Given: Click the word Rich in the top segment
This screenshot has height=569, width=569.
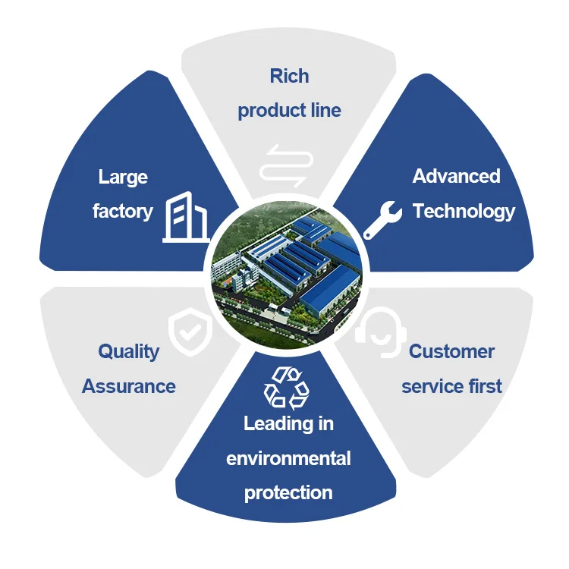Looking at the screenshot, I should (289, 76).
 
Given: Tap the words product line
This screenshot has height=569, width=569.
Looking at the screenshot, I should (289, 111).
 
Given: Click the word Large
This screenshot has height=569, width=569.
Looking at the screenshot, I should (123, 178).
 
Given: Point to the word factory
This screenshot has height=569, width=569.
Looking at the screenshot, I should (123, 212).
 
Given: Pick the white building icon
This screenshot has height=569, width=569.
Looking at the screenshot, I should (185, 217).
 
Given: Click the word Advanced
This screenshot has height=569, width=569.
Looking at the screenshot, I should (456, 176).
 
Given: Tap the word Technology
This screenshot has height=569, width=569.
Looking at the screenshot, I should (464, 211).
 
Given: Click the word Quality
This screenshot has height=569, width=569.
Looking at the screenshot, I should (129, 351).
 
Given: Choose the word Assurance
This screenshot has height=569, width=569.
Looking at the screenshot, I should (129, 386).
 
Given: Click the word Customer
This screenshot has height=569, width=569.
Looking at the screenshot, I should (451, 351).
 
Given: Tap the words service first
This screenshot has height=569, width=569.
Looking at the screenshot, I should (451, 386).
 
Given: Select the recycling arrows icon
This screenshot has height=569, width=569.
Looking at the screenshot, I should (286, 387).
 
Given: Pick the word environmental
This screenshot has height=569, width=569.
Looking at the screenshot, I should (288, 458).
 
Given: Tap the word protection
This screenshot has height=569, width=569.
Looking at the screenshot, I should (288, 492).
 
